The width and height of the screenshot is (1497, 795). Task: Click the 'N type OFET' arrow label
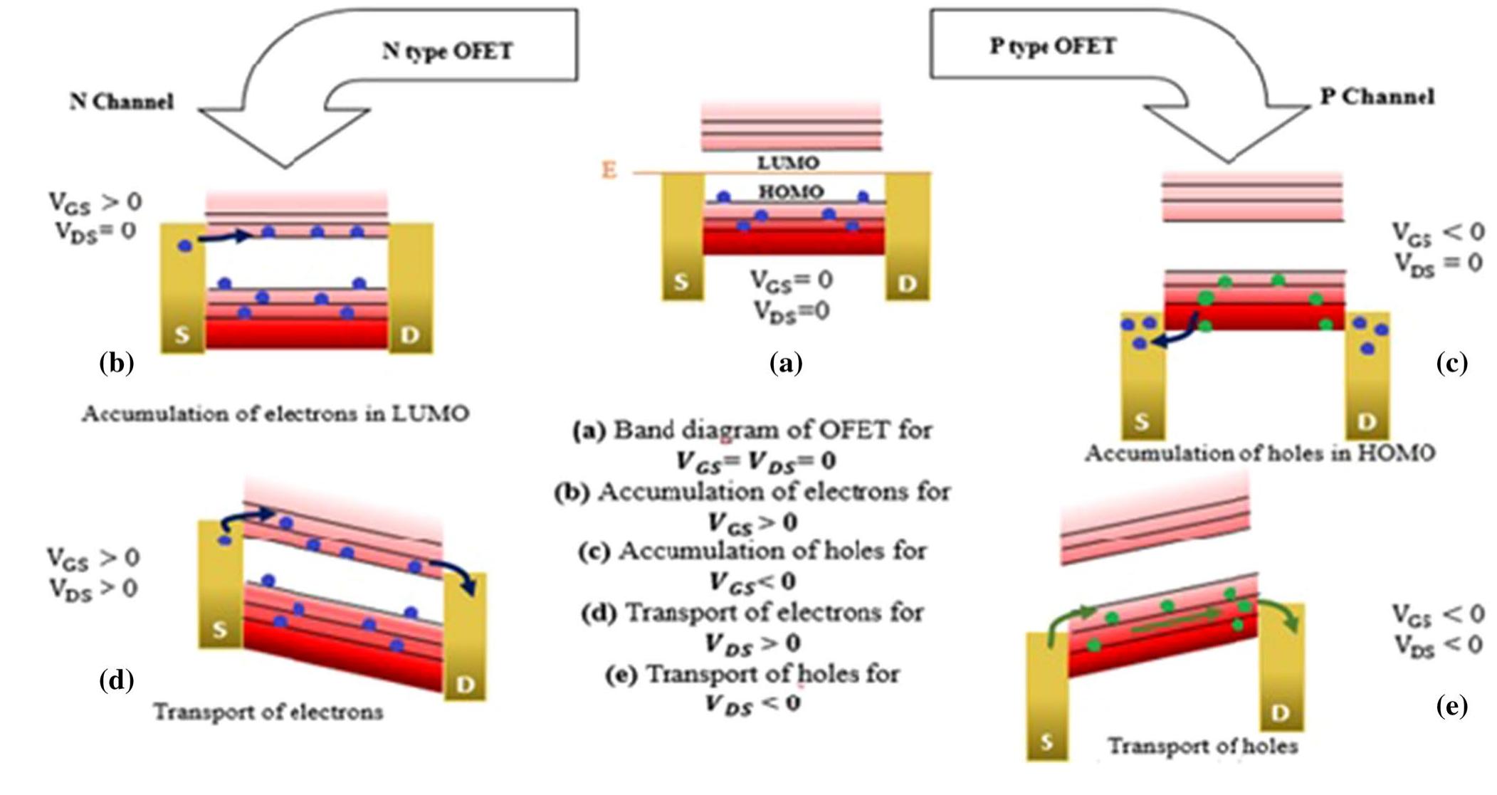(447, 51)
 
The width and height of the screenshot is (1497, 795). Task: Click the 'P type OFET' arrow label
(1053, 47)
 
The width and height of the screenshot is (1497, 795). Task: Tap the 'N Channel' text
(121, 101)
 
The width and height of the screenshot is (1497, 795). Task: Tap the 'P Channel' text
(1377, 97)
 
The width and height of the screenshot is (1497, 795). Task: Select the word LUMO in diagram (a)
(788, 162)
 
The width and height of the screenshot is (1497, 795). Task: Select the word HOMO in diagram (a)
(791, 191)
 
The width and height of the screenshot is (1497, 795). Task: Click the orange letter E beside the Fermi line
(609, 171)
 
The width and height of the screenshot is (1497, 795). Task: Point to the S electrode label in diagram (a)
(681, 282)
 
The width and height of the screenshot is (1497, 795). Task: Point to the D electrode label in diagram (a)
(907, 283)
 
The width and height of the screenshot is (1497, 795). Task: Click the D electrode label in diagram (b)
(410, 335)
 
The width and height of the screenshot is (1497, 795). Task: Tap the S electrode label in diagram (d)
(220, 630)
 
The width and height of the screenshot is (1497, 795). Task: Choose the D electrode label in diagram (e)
(1281, 712)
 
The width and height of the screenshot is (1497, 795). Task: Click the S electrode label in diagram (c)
(1141, 421)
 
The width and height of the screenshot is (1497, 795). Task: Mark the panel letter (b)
(117, 363)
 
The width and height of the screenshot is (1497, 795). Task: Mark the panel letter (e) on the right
(1452, 706)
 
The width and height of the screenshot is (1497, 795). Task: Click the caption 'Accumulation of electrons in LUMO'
(275, 414)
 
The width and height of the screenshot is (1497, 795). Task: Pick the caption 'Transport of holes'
(1203, 746)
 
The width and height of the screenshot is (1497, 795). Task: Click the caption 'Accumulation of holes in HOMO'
(1259, 453)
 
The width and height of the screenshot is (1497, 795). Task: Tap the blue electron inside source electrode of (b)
(186, 246)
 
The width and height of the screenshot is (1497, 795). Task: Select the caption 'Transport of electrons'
(268, 712)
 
